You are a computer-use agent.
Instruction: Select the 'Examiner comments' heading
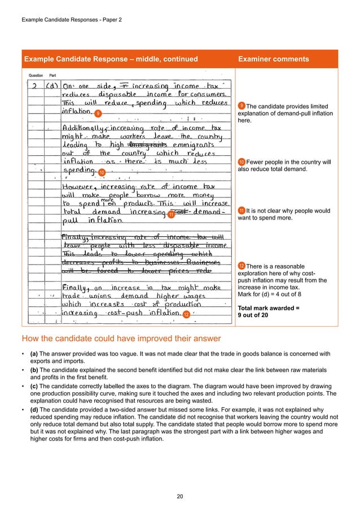pos(274,59)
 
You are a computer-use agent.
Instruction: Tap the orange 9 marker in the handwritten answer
pos(98,114)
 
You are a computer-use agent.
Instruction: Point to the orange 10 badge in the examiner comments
pos(242,163)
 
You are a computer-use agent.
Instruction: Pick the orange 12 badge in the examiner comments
pos(242,265)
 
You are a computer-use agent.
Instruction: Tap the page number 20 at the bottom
pos(180,497)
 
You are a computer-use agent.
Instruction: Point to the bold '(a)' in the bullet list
pos(34,354)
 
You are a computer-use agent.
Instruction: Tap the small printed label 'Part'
pos(52,75)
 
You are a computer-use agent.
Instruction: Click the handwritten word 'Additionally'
pos(82,128)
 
